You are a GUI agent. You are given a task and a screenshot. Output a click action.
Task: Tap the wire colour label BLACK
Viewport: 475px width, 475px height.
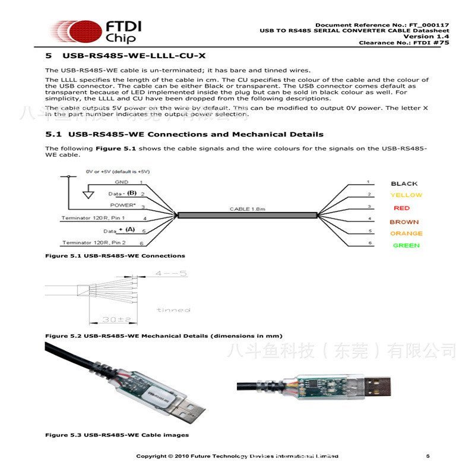404,183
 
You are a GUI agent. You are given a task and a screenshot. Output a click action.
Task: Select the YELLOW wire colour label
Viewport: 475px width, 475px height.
406,195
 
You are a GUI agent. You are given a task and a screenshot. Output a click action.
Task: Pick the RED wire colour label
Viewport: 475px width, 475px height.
401,208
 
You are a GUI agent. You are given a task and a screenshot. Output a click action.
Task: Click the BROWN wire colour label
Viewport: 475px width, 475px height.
404,222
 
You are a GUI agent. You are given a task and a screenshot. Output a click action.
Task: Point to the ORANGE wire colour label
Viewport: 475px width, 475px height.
406,233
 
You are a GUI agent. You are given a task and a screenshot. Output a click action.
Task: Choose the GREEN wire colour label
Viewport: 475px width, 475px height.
406,245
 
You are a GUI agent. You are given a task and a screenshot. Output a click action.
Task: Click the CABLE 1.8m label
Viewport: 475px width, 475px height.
248,209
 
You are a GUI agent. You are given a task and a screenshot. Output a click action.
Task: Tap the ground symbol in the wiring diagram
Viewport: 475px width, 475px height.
88,193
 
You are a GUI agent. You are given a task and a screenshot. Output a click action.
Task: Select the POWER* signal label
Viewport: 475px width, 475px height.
123,205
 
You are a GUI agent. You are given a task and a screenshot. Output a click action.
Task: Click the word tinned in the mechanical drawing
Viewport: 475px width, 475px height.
173,310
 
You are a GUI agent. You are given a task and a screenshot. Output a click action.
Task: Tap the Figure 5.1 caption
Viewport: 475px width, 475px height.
115,256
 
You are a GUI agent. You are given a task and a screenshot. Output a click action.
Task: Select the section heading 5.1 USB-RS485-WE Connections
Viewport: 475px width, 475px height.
185,134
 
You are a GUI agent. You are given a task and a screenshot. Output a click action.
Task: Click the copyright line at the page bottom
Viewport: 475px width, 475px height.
237,456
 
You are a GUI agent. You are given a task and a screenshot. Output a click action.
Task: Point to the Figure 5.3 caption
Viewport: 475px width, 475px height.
117,435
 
